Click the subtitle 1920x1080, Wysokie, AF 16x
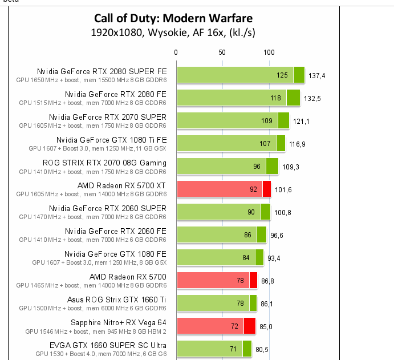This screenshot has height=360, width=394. tap(173, 33)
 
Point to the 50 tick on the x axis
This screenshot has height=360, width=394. tap(222, 52)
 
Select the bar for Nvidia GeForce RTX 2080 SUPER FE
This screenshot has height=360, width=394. tap(240, 75)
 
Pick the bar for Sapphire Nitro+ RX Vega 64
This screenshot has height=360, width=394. tap(216, 326)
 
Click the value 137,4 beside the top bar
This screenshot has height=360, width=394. tap(316, 75)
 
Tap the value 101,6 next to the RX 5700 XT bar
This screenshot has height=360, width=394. tap(283, 189)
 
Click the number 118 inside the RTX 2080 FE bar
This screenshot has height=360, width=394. tap(275, 98)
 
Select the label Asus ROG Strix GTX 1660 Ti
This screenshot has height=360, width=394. tap(117, 300)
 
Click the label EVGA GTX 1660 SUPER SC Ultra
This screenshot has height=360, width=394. tap(108, 345)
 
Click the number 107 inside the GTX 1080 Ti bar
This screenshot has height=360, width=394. tap(265, 144)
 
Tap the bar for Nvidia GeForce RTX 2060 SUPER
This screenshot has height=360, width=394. tap(223, 212)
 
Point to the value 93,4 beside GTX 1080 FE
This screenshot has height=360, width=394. tap(274, 258)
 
